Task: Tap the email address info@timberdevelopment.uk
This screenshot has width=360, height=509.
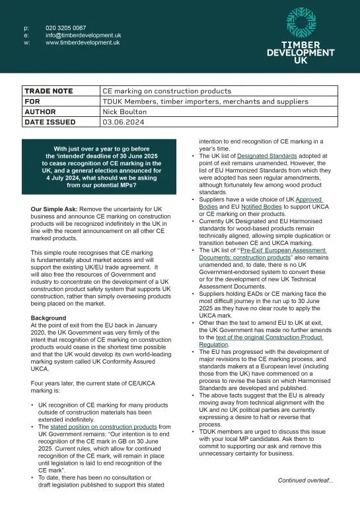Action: coord(83,35)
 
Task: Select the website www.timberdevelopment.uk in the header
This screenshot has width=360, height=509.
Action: coord(83,42)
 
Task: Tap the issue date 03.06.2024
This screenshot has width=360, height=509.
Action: coord(122,122)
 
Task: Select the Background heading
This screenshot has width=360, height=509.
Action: coord(49,318)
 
